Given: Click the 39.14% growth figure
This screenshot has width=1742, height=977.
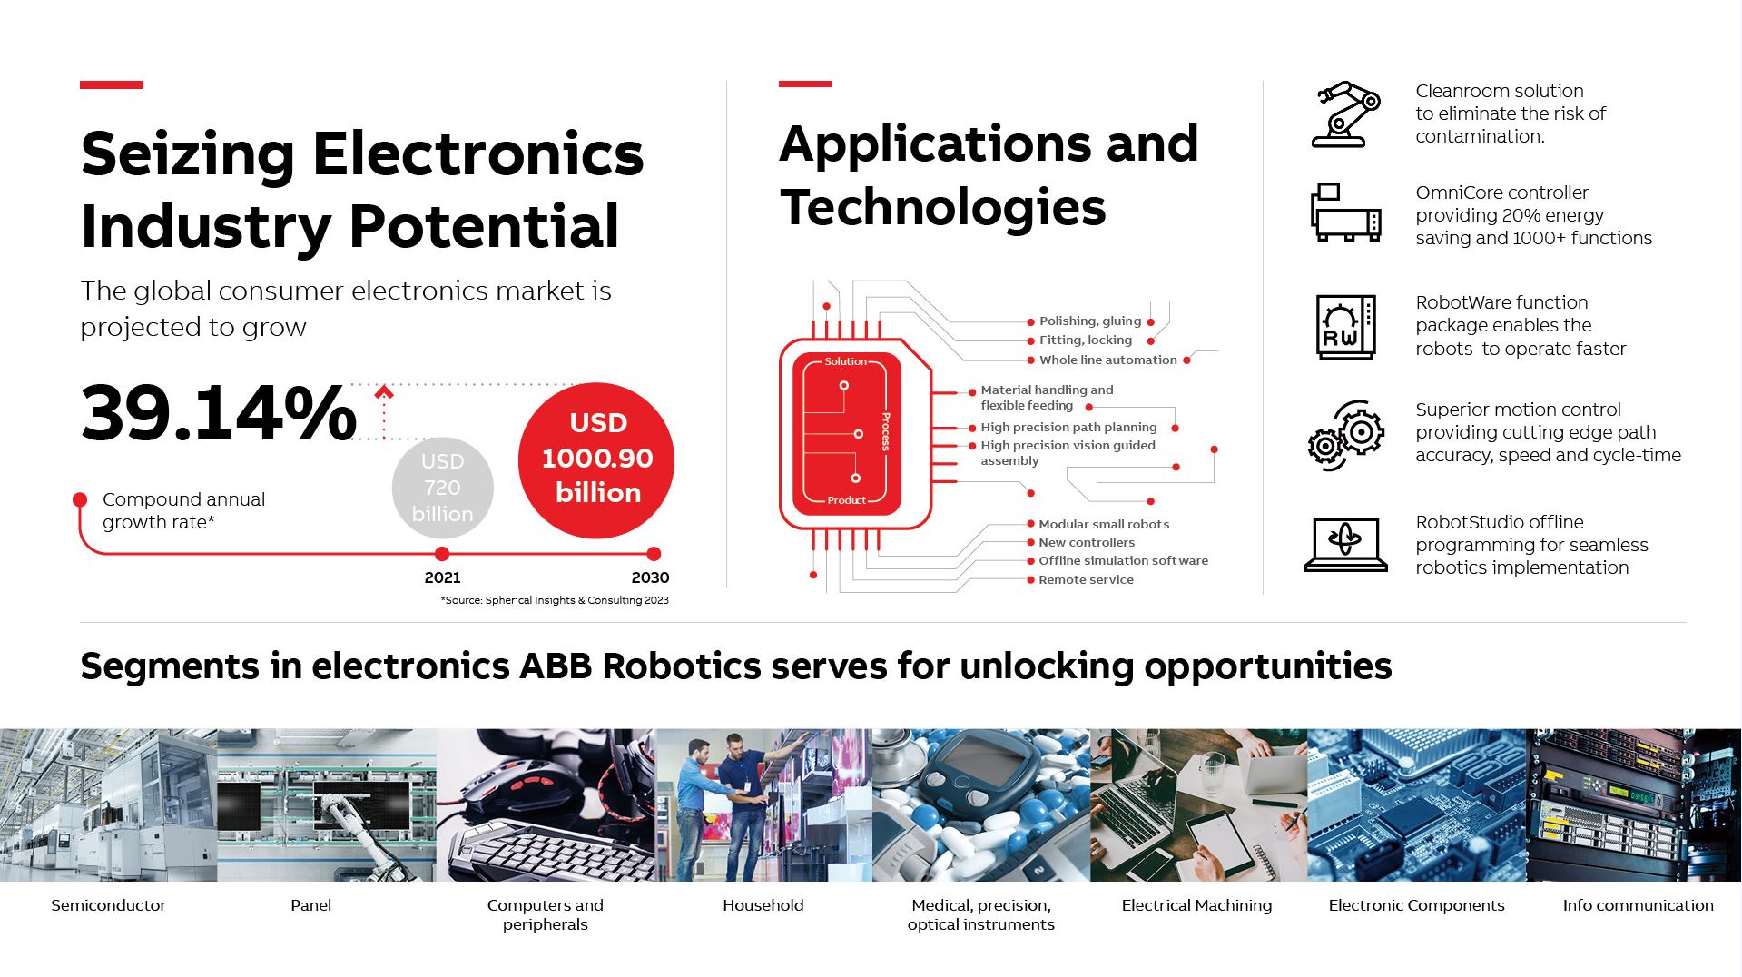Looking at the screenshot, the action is (219, 413).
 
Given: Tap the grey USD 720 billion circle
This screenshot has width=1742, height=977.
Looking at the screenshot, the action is (442, 488).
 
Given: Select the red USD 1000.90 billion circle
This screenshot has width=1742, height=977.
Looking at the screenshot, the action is (596, 459).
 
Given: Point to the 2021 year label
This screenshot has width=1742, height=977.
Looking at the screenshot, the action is (442, 577).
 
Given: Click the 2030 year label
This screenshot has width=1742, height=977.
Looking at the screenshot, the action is (650, 577).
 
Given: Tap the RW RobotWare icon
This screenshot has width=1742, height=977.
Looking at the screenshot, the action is (1345, 327).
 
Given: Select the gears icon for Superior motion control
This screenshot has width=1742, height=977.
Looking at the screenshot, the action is (1345, 435).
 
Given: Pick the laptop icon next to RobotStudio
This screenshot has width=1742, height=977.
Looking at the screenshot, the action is (1345, 544).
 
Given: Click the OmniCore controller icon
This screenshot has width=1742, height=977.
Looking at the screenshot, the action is (1345, 212).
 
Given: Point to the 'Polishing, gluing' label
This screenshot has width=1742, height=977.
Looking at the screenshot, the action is (1090, 321).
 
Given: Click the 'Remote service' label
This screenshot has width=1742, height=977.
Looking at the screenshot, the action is (1086, 579).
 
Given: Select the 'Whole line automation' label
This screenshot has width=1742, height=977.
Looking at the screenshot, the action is (1107, 360).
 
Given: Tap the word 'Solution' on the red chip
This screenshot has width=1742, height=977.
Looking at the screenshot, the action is (845, 361).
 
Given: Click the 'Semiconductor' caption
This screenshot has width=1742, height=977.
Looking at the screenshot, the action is (108, 905).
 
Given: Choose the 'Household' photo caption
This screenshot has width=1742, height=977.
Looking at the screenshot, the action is (763, 905).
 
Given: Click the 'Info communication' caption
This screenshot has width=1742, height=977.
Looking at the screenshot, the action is (1638, 905).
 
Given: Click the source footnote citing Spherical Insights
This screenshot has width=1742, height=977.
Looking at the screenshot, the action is (555, 600).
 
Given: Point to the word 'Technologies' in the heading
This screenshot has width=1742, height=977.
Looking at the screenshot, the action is (943, 207).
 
